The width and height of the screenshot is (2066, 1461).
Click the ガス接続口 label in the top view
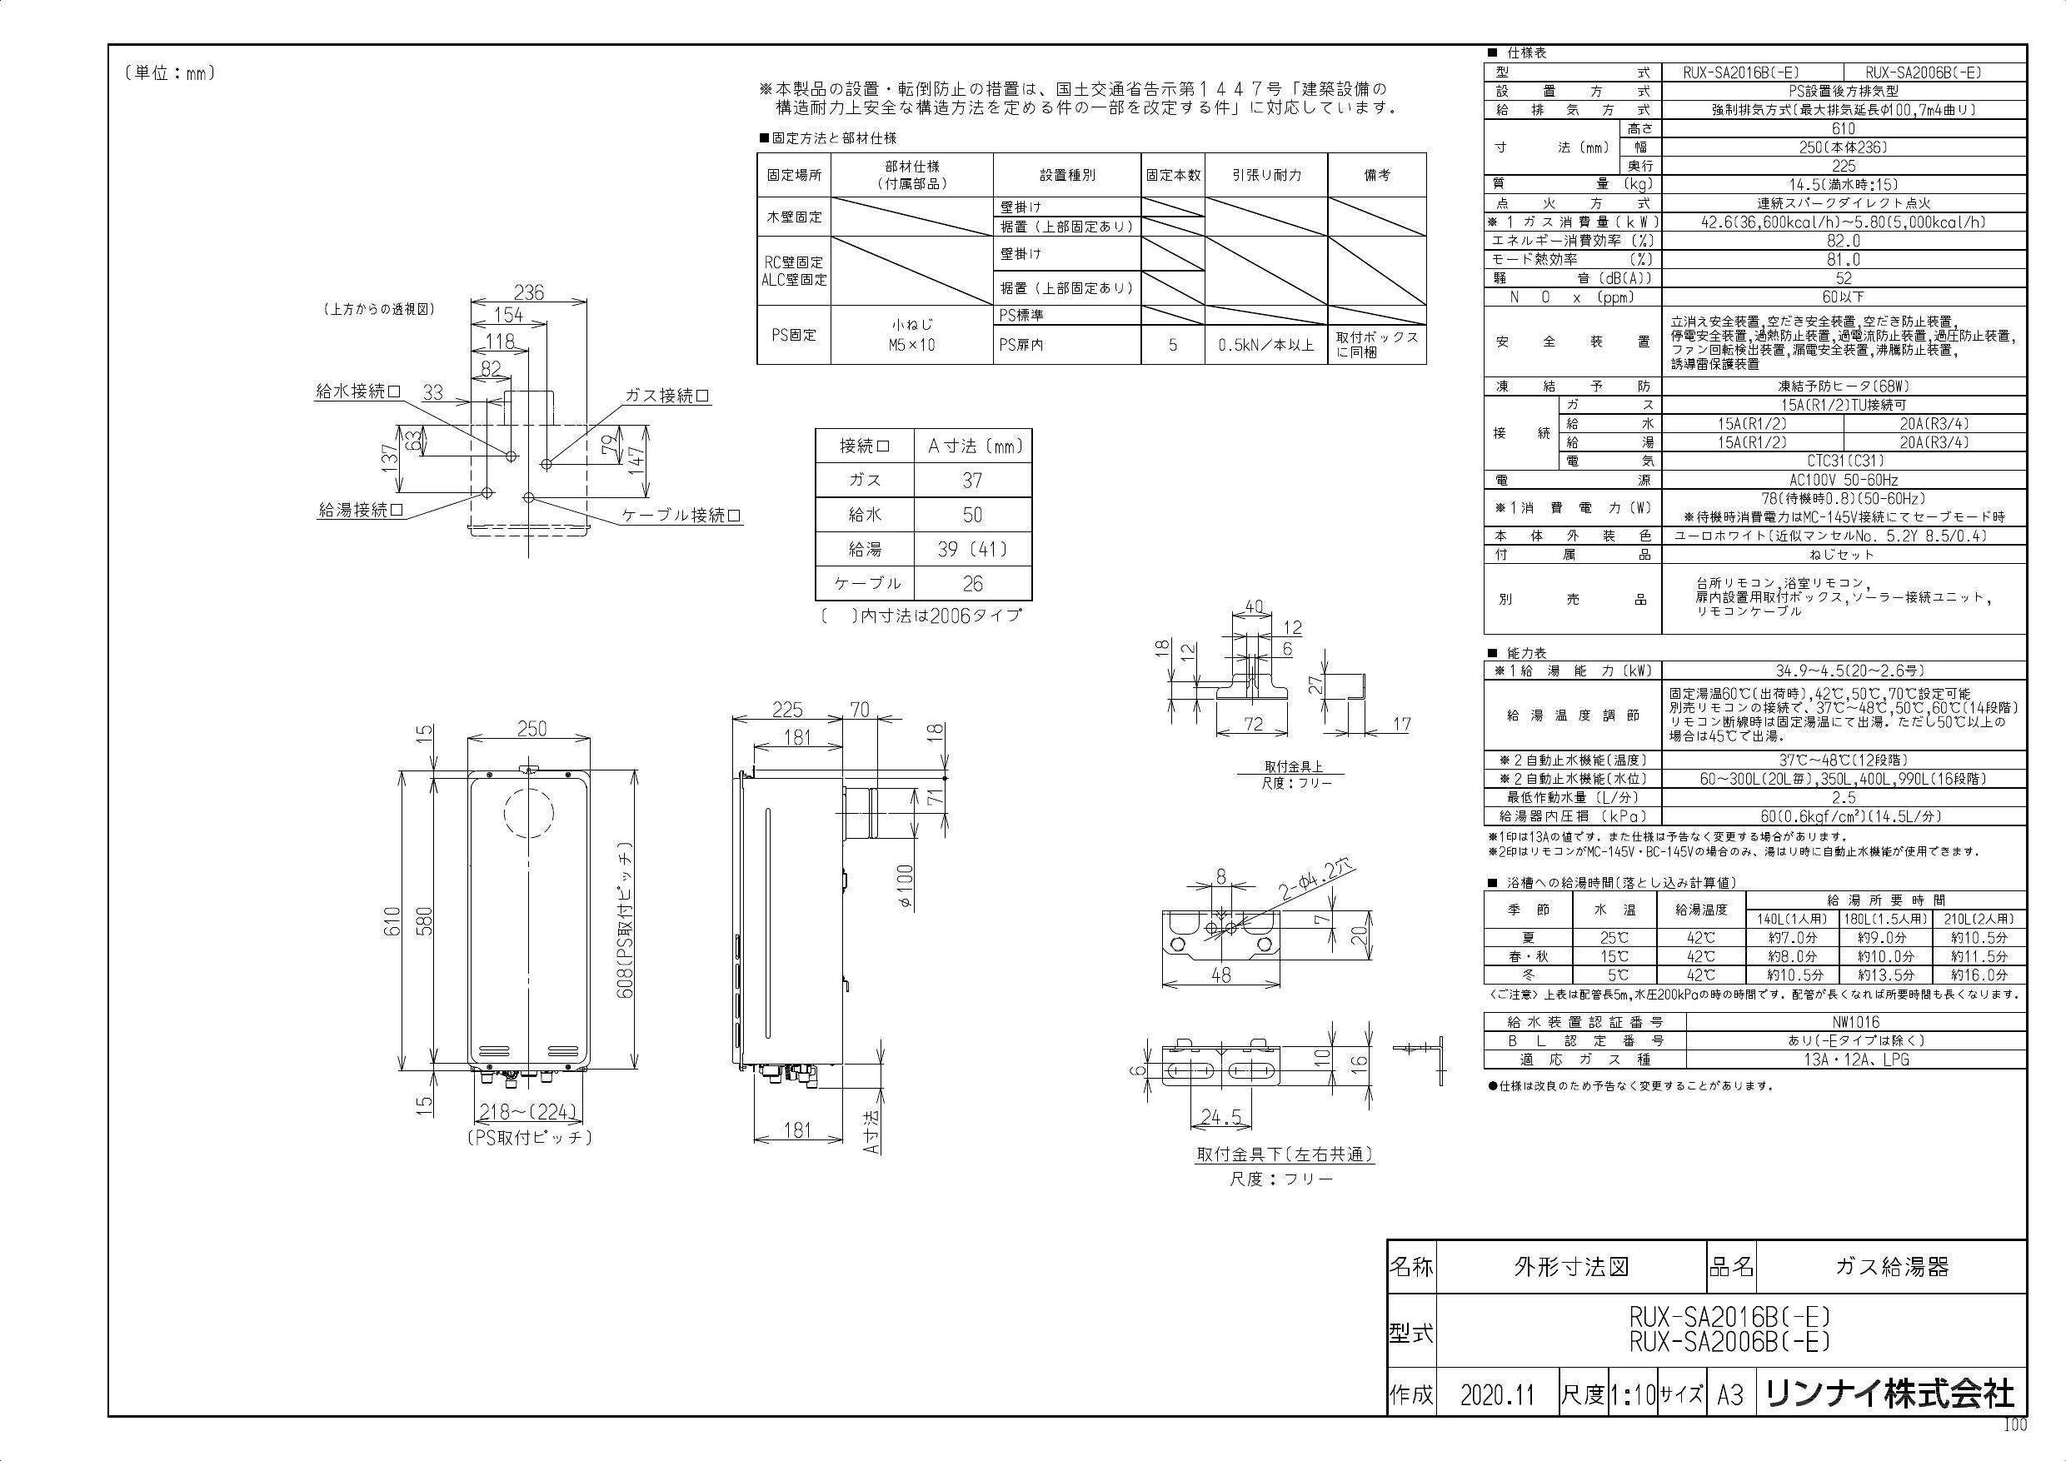[666, 396]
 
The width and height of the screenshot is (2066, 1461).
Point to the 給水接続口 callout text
[358, 391]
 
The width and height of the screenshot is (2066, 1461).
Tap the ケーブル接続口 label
[681, 516]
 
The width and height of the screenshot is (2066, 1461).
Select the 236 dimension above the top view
[529, 292]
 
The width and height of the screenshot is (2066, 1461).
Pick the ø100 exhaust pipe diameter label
[906, 885]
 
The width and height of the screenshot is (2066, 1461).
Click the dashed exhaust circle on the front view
[529, 813]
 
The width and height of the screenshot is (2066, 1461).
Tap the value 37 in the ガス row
[972, 481]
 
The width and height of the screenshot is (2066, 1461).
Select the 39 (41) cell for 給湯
[972, 549]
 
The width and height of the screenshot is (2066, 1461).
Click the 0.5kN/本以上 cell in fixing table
[1266, 345]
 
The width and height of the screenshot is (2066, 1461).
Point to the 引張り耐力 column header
[1266, 175]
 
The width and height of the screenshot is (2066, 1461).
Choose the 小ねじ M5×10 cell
[911, 334]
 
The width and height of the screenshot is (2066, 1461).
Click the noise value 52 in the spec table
[1843, 278]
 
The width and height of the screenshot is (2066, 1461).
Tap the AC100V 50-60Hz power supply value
[1843, 481]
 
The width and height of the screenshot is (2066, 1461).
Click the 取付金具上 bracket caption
[1293, 766]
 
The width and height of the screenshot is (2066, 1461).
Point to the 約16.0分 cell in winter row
[1979, 975]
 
